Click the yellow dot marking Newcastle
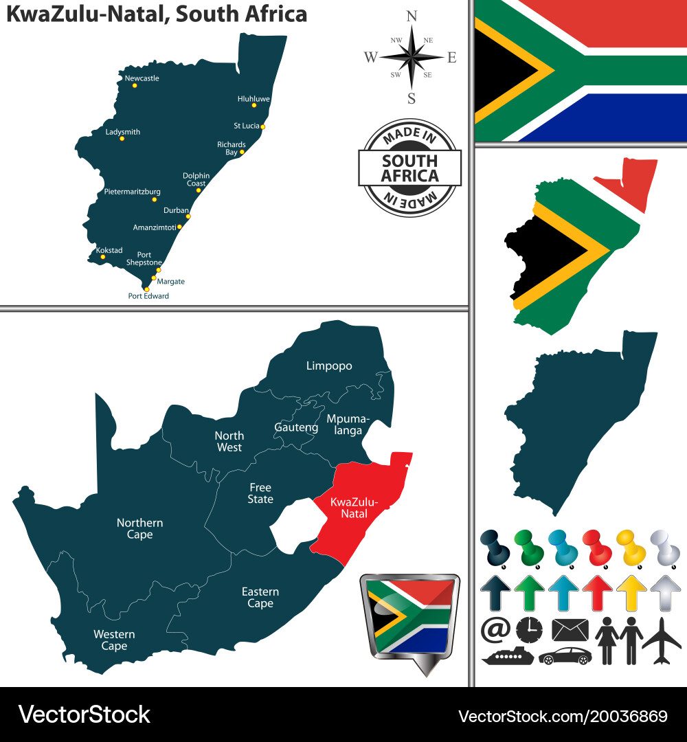tap(135, 85)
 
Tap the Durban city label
tap(176, 210)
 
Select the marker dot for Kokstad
tap(103, 257)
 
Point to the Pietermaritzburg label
tap(133, 191)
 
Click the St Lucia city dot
tap(262, 126)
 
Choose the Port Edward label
tap(148, 296)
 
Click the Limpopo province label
tap(329, 366)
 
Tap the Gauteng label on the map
tap(296, 427)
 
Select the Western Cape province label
tap(114, 640)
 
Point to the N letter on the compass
tap(412, 16)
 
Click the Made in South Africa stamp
tap(410, 168)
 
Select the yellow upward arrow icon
tap(631, 593)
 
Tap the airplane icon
tap(662, 640)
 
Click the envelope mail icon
tap(570, 629)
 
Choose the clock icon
tap(528, 629)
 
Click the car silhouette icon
tap(564, 655)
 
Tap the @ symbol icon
tap(494, 629)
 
